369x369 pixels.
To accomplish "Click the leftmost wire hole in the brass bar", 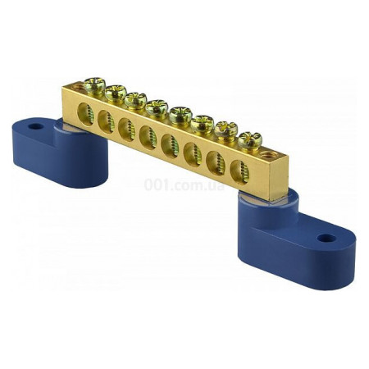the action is pos(85,114).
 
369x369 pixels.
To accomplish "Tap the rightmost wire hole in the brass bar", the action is pos(239,173).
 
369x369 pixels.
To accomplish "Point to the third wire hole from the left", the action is pos(126,130).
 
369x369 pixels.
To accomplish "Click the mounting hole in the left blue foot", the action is pos(36,126).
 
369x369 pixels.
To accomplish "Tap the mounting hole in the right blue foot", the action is pos(326,239).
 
